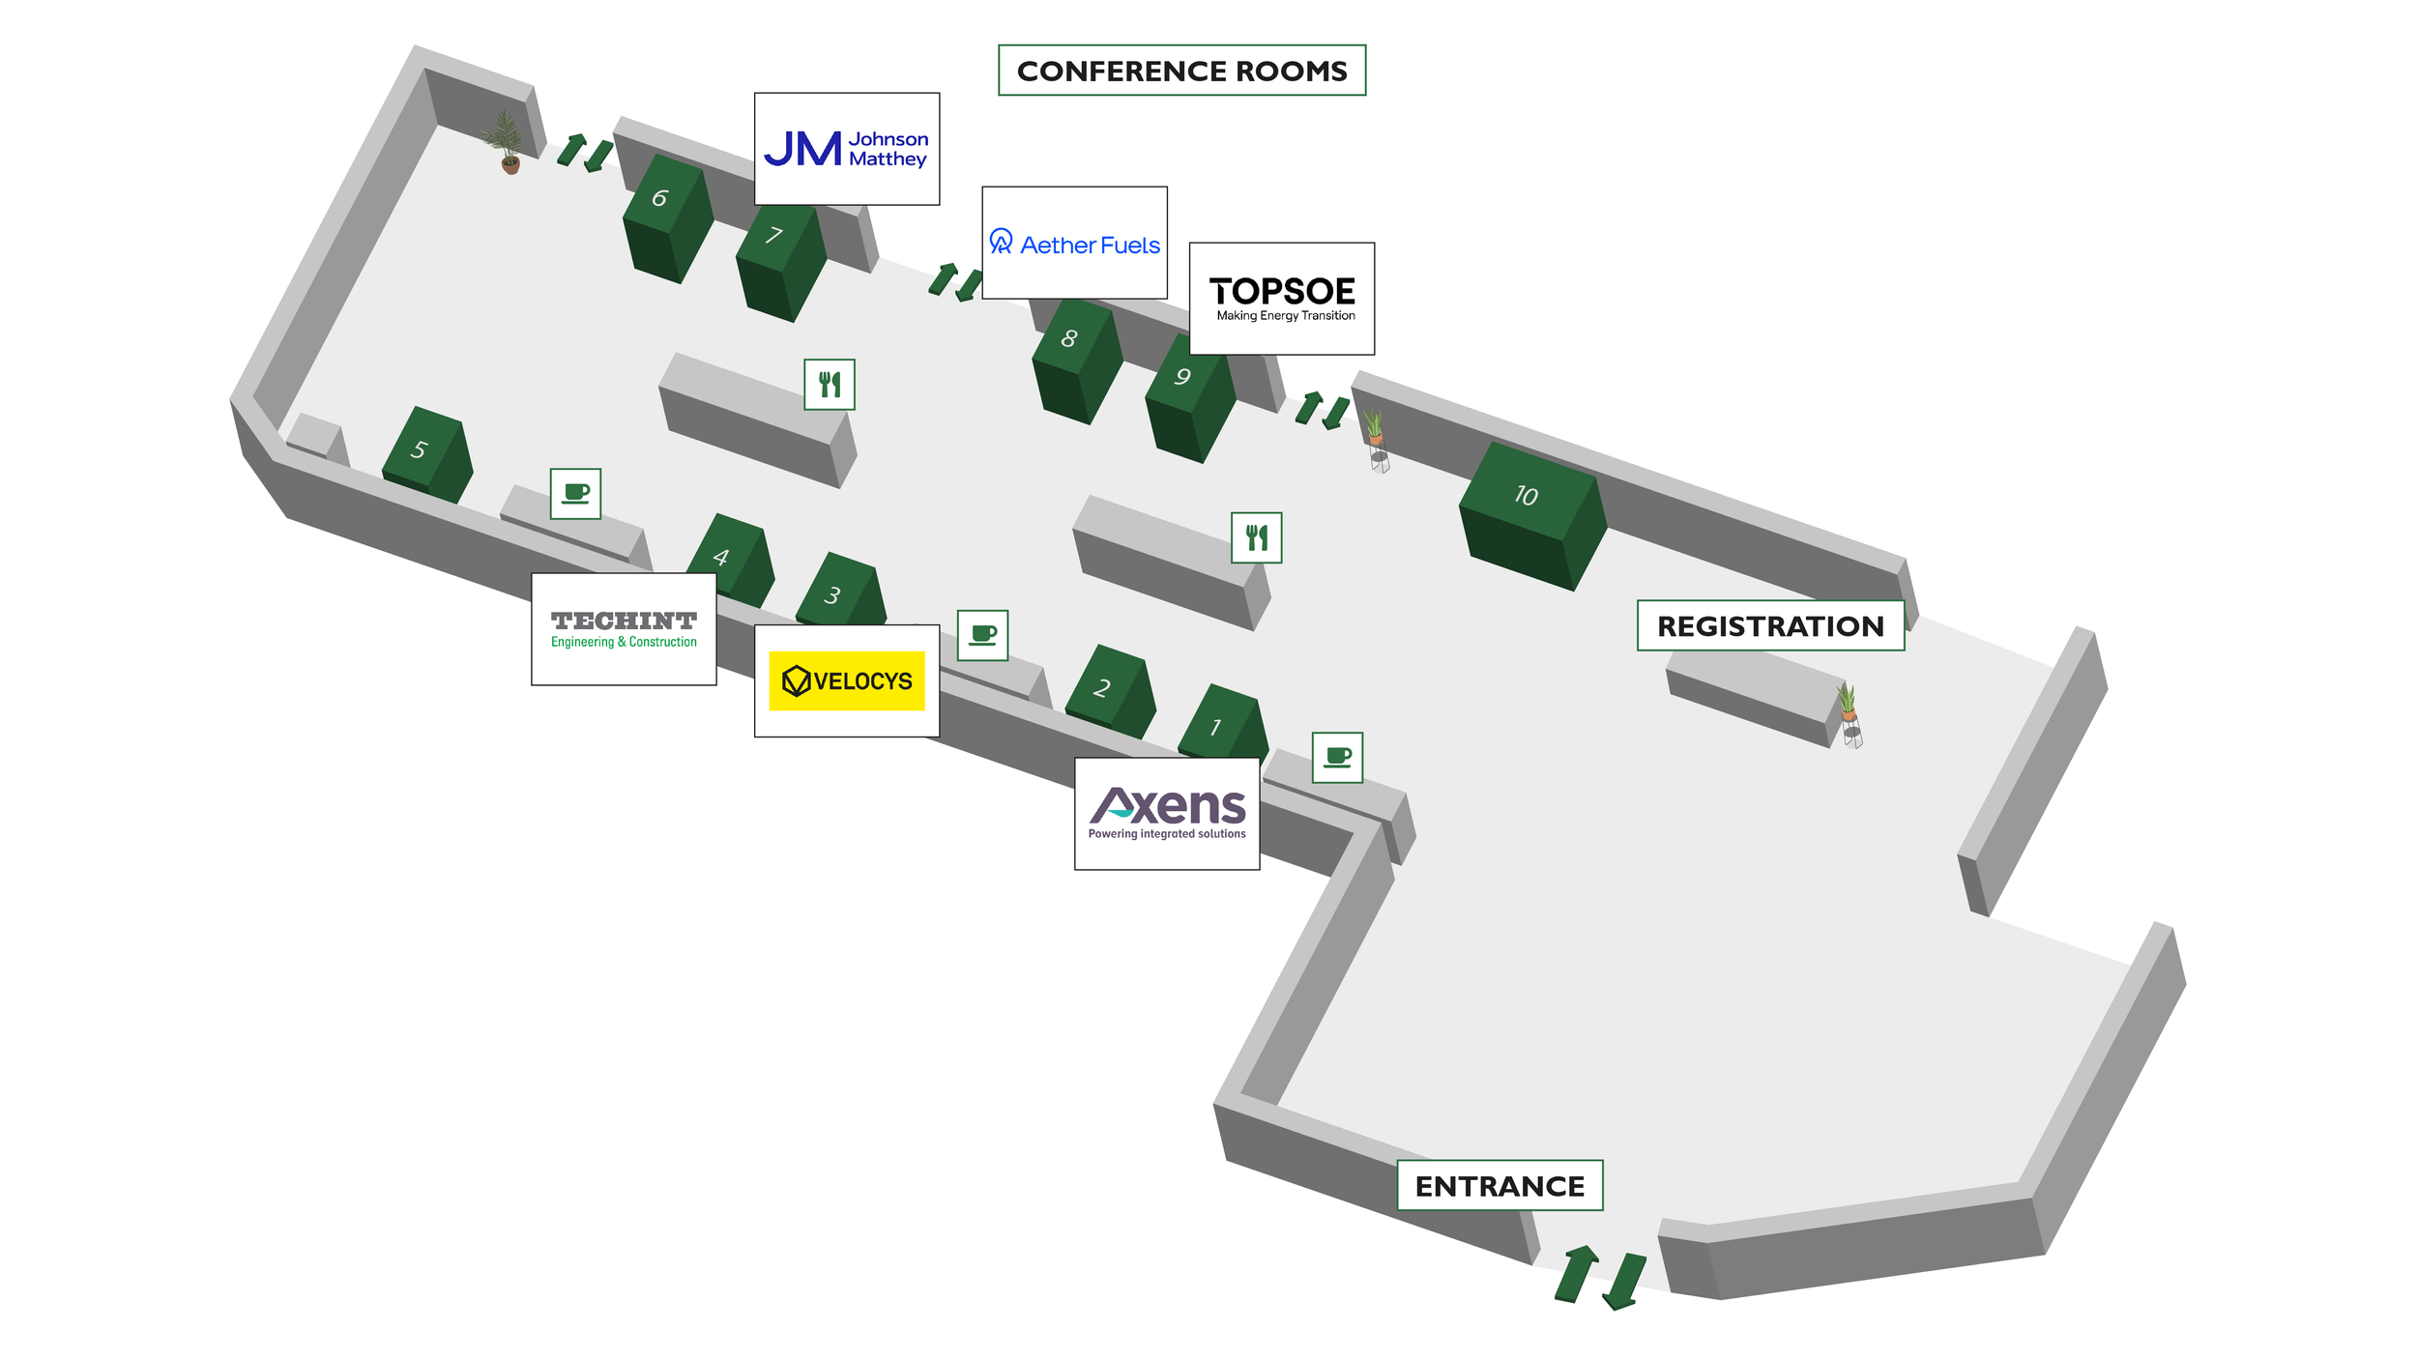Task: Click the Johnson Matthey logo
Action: (846, 149)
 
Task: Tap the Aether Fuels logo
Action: (1074, 244)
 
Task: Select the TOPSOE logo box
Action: (1281, 299)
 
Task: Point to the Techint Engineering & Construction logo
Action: (624, 629)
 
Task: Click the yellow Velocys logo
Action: (846, 680)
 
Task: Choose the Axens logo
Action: (1167, 813)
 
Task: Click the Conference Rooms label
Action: (1181, 71)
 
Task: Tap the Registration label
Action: (1770, 625)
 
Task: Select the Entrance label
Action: (1500, 1185)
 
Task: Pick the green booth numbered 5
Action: (426, 454)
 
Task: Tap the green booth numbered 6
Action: (667, 218)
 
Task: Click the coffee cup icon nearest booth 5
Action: (575, 494)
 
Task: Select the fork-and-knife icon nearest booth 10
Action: (1256, 537)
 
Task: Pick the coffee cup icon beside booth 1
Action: (1337, 757)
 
